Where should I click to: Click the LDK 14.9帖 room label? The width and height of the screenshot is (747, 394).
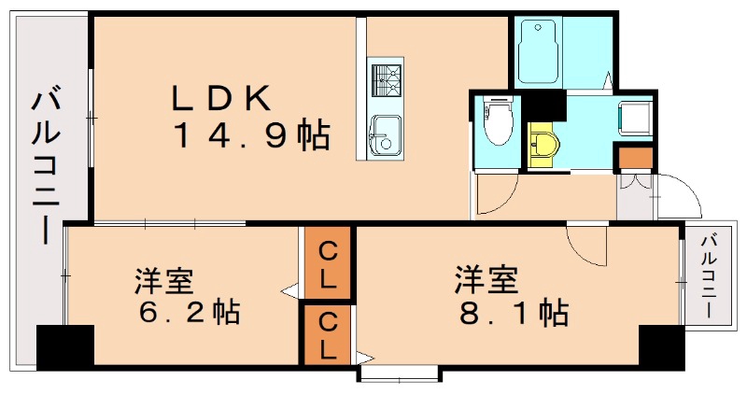coord(249,117)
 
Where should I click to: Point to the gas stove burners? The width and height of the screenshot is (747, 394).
coord(385,77)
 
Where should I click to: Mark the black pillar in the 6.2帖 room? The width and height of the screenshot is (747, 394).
coord(65,346)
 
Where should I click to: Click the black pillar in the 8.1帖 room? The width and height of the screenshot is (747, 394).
coord(661,346)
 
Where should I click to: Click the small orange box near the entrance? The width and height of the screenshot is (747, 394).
coord(635,159)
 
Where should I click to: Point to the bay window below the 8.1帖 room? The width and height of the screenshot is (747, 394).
coord(399,373)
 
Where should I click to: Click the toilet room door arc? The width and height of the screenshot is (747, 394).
coord(497,193)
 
